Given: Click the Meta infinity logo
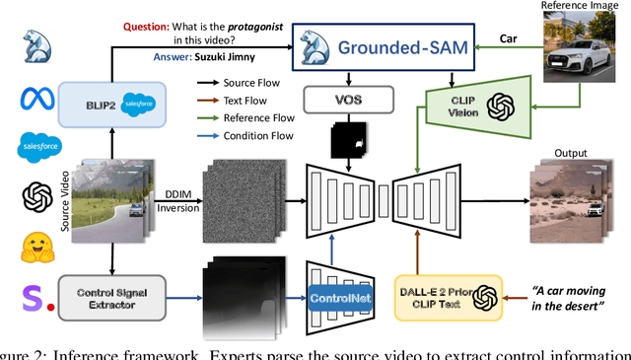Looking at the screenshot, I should [x=34, y=99].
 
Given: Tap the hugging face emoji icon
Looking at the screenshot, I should [x=34, y=247].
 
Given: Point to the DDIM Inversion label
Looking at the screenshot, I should [x=180, y=198].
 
